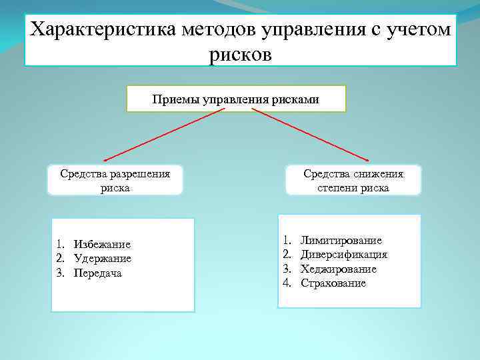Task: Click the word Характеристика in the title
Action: [99, 30]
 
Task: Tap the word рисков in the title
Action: [240, 53]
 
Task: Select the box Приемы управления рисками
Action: [236, 99]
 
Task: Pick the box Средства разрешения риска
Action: [115, 181]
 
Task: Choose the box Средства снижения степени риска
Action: [353, 181]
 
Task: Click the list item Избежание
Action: [102, 245]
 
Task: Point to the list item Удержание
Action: [103, 259]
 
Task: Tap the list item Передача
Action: [98, 273]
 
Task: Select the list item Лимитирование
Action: [341, 240]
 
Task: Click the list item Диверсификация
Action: [344, 255]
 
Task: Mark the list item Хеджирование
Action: [339, 269]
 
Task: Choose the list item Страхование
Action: [333, 283]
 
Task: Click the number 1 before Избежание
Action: [59, 245]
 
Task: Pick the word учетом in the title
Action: [419, 30]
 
